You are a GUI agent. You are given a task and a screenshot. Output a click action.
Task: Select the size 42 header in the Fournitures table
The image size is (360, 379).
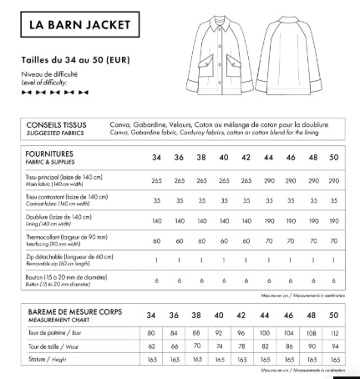(245, 158)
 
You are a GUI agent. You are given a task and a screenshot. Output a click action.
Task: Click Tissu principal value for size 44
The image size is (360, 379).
(266, 180)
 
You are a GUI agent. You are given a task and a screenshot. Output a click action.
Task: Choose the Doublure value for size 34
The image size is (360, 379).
(156, 221)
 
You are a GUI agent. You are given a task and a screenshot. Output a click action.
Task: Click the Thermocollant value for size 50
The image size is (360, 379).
(333, 240)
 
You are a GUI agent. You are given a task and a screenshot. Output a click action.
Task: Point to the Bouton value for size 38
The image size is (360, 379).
(200, 281)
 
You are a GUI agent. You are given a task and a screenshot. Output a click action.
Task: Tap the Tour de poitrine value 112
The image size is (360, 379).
(333, 332)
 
